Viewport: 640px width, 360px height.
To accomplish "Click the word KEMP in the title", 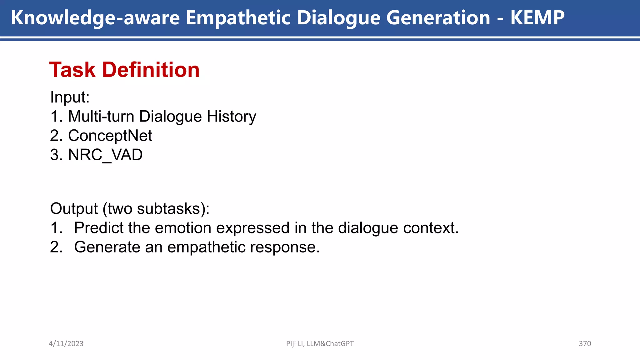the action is pos(537,17).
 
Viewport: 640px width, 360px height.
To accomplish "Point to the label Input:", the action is pos(70,97).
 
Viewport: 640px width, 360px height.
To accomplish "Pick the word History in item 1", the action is pos(231,116).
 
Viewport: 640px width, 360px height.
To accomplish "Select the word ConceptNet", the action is pos(110,136).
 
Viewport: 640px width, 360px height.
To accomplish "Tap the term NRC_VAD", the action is pos(105,155).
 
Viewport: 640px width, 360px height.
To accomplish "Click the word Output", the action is pos(74,208).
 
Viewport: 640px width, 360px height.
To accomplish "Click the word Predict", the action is pos(98,228).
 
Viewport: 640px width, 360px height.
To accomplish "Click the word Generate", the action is pos(107,247).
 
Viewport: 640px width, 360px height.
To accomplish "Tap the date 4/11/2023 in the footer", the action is pos(66,343).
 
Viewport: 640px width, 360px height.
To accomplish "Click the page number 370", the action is pos(585,343).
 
